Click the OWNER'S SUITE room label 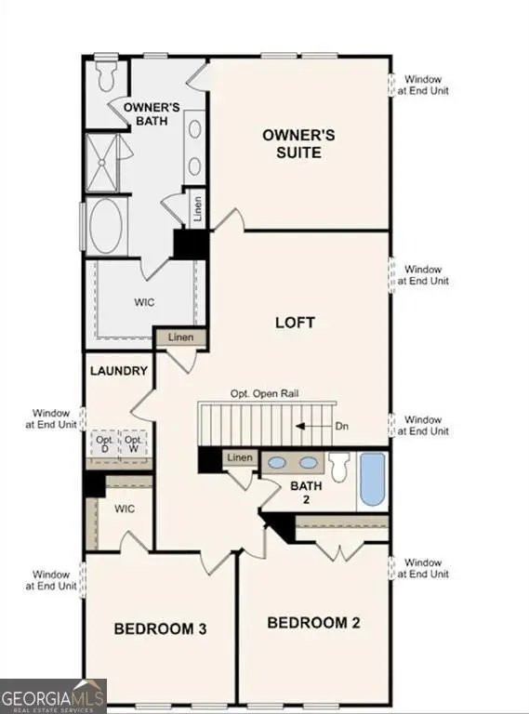click(x=298, y=143)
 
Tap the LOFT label click(x=295, y=323)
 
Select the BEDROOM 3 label click(x=160, y=629)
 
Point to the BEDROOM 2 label click(x=312, y=622)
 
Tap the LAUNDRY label click(x=119, y=371)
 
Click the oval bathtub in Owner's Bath click(x=110, y=226)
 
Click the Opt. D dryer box click(x=103, y=443)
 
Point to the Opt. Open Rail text click(x=265, y=393)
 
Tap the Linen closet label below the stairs click(x=240, y=457)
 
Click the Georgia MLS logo click(x=54, y=696)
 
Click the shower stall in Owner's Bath click(x=108, y=163)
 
